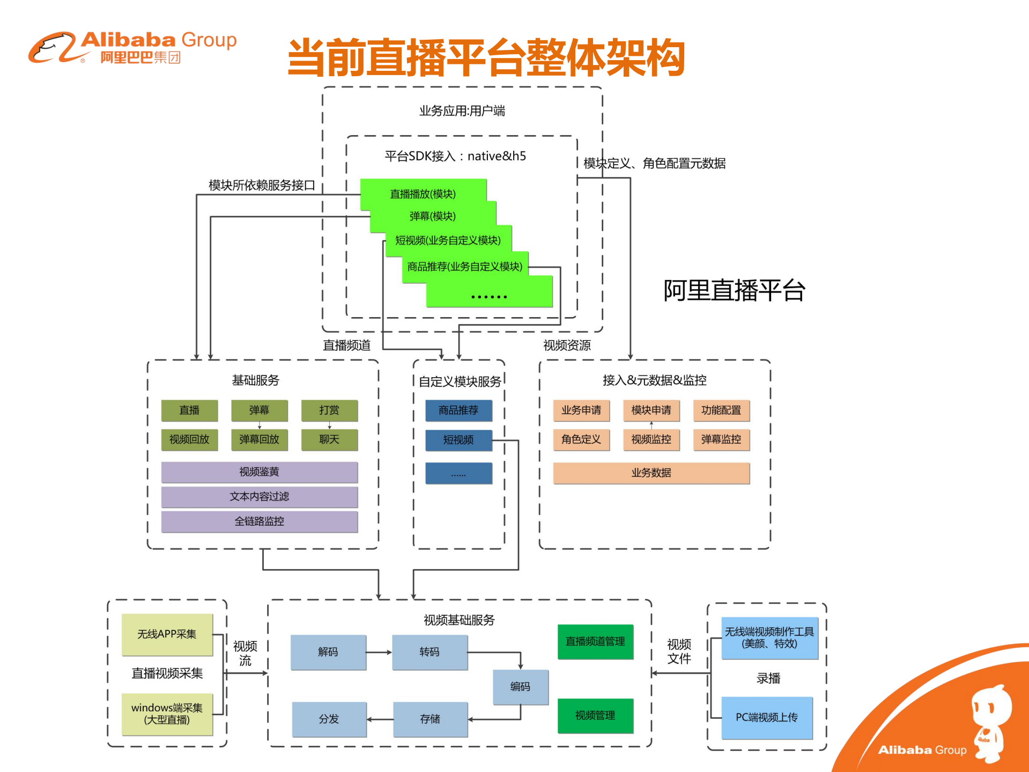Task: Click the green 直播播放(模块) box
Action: coord(423,193)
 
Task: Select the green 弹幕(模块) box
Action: coord(433,216)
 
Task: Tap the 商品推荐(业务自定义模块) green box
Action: coord(464,266)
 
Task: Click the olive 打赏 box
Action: coord(329,410)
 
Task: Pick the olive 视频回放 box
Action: coord(189,439)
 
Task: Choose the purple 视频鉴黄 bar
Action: coord(259,472)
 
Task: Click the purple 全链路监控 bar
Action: coord(259,521)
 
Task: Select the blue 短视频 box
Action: coord(458,440)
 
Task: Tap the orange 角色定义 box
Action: coord(581,439)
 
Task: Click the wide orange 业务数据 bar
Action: coord(651,473)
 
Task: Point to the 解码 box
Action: coord(328,652)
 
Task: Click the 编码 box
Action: coord(520,686)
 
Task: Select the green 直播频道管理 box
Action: coord(595,641)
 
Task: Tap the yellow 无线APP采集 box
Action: coord(167,634)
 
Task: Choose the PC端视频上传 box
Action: coord(767,717)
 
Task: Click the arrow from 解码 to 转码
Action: coord(379,652)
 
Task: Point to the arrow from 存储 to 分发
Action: coord(380,719)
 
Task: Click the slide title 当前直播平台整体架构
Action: coord(486,57)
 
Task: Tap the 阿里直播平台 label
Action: coord(734,290)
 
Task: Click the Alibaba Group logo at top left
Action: coord(132,47)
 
